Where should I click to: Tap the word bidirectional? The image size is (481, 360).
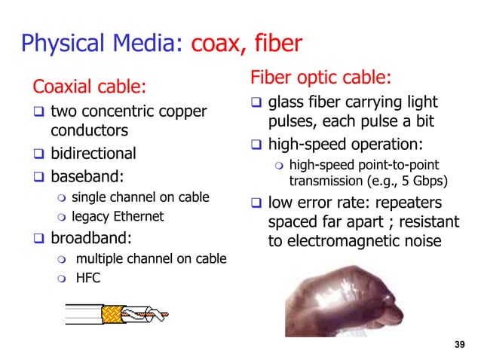pos(93,154)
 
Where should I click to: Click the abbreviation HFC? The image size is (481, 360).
pos(88,277)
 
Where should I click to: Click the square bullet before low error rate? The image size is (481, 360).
pos(256,204)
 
